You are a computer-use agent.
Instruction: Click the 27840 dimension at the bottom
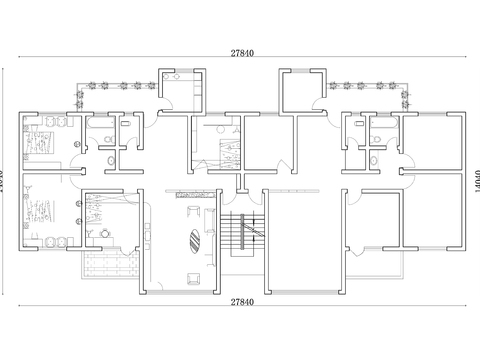(x=240, y=301)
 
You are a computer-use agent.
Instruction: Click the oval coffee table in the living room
(x=193, y=240)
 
